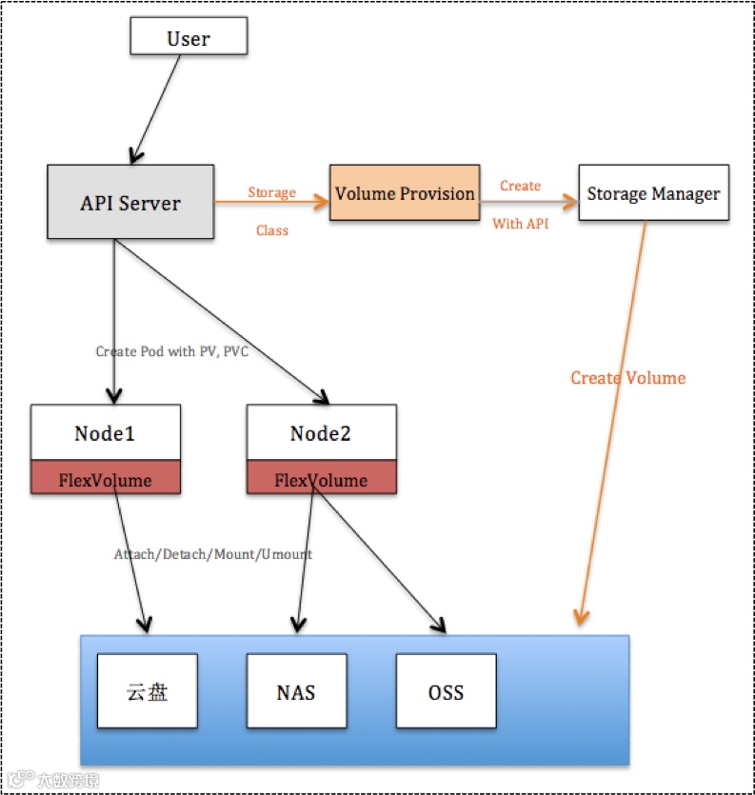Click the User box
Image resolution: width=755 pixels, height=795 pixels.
189,37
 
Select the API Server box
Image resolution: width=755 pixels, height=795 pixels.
130,202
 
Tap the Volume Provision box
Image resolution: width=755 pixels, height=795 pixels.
405,193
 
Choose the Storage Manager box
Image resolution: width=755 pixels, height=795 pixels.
653,194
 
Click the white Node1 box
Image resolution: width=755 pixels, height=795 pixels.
105,433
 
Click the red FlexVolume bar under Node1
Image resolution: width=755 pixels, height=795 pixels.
105,479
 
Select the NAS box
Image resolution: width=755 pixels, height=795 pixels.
296,691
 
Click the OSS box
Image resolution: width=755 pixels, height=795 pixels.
446,691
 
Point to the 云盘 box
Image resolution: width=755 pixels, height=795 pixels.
147,691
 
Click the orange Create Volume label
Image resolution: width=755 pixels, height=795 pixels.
627,378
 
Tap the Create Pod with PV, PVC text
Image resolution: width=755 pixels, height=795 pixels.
171,351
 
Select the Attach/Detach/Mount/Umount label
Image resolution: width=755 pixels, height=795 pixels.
213,554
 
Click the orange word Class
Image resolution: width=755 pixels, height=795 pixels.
272,230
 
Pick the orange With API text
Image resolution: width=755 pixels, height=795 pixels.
520,225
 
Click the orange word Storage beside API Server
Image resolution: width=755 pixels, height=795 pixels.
272,192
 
